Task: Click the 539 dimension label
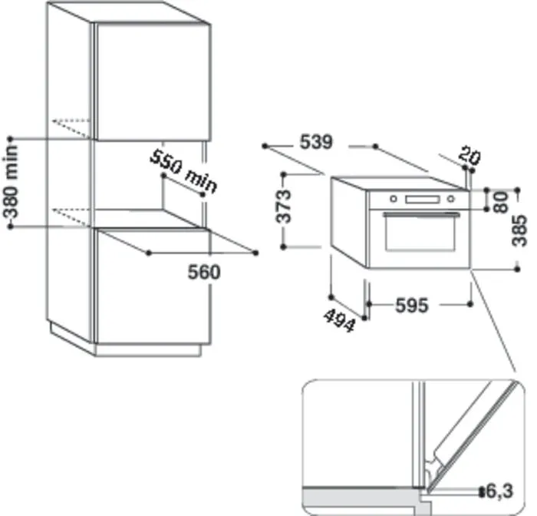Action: pos(315,143)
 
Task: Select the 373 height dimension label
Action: pos(285,206)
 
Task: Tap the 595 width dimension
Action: pos(411,305)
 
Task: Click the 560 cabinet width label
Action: pos(204,272)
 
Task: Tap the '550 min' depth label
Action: pos(183,170)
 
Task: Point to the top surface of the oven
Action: pos(399,183)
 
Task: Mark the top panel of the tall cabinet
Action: pos(126,13)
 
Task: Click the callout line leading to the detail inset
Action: pos(495,322)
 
